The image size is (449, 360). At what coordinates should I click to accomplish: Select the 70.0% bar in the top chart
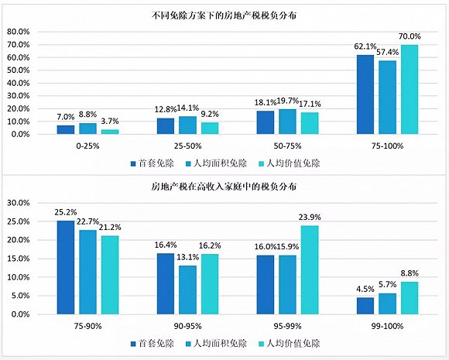pyautogui.click(x=409, y=89)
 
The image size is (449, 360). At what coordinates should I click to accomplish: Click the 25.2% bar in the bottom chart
pyautogui.click(x=67, y=266)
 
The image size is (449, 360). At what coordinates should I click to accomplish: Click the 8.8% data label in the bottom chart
pyautogui.click(x=410, y=273)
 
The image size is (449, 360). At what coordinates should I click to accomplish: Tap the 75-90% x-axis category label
pyautogui.click(x=88, y=324)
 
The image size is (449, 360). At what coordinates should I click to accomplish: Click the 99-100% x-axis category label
pyautogui.click(x=387, y=324)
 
